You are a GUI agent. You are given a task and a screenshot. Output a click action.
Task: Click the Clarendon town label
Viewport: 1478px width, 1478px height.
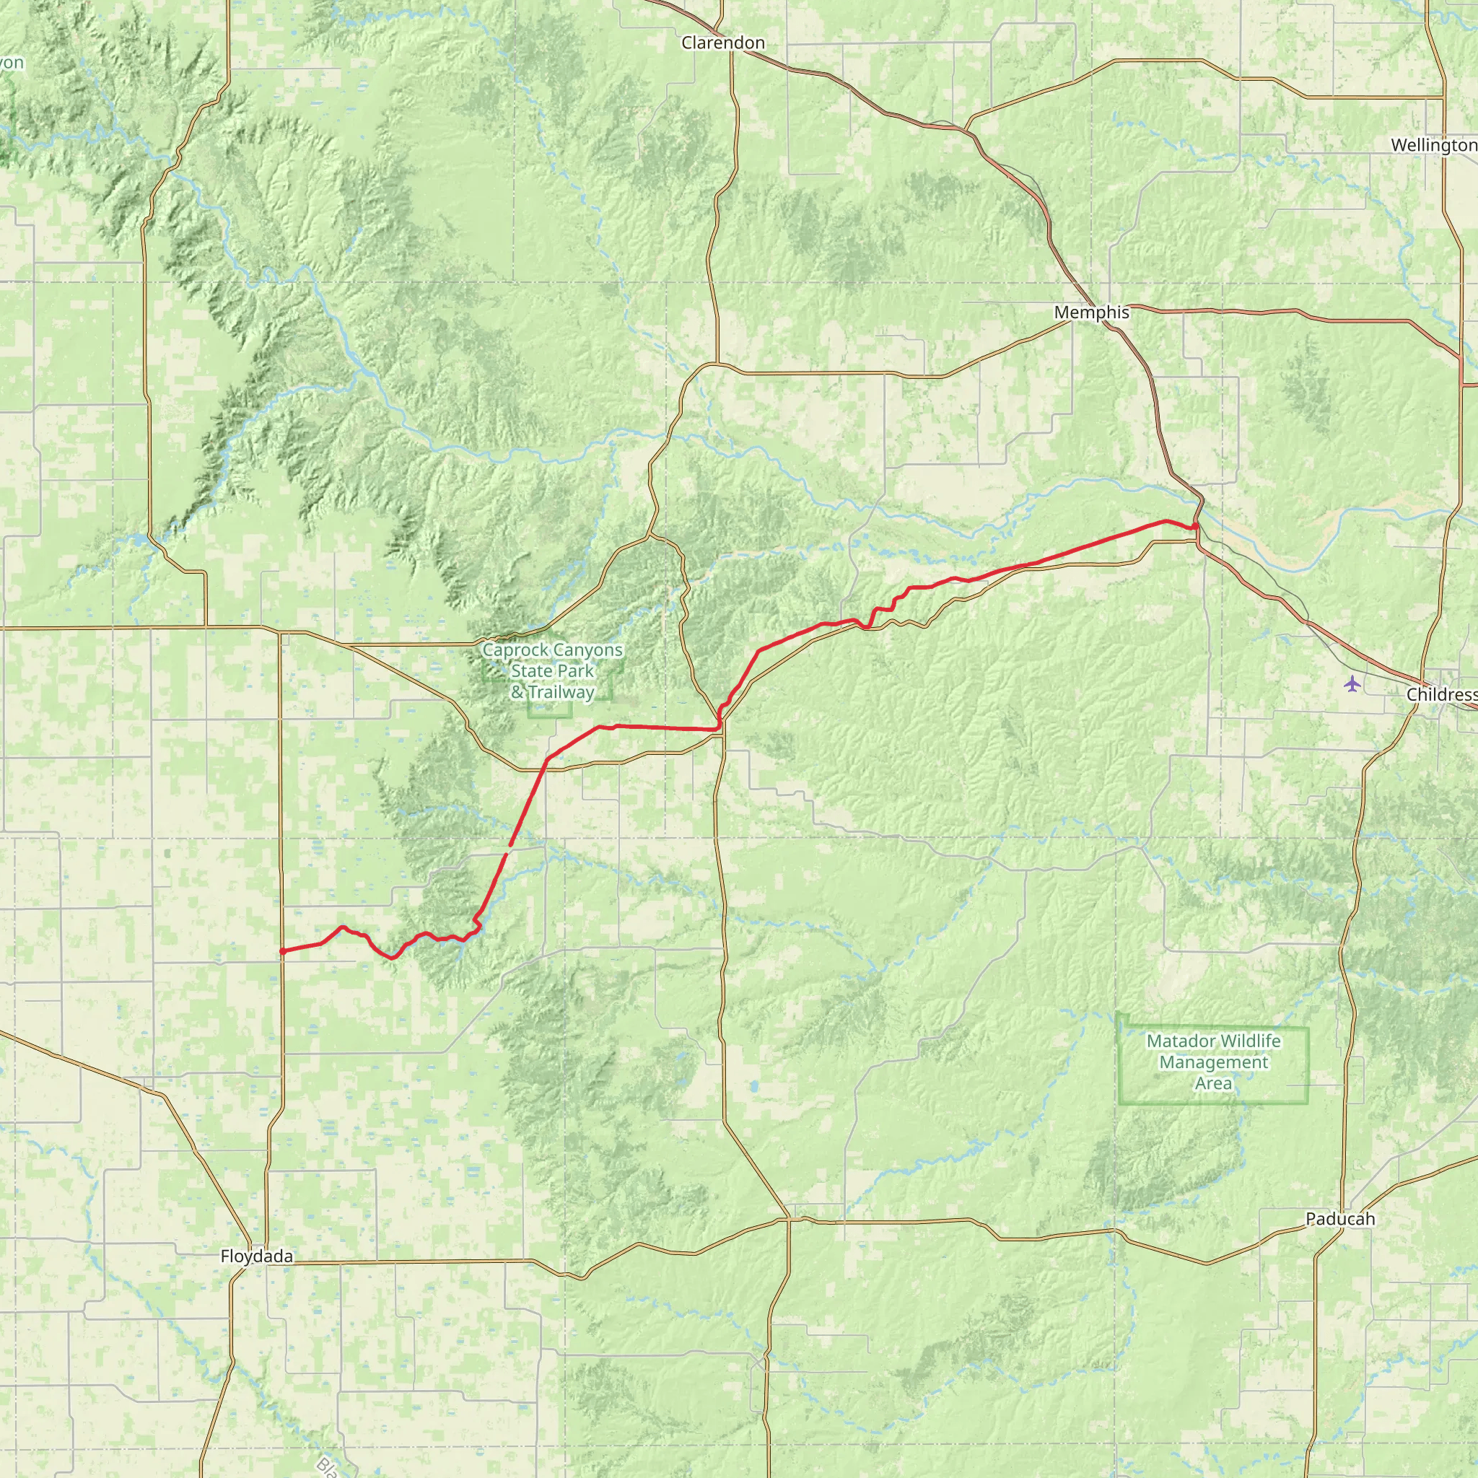tap(723, 43)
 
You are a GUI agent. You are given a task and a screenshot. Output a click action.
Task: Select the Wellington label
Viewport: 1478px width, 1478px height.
tap(1433, 145)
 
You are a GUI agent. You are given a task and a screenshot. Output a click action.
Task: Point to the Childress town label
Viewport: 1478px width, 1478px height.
tap(1440, 695)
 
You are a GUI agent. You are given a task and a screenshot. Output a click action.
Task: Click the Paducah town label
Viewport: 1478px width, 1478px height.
tap(1340, 1219)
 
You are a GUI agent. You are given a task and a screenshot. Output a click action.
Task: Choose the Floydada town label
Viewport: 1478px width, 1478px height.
tap(256, 1256)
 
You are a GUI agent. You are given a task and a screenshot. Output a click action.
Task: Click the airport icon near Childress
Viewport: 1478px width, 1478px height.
tap(1353, 683)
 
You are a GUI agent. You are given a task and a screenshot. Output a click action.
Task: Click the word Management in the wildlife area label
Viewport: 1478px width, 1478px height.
tap(1213, 1062)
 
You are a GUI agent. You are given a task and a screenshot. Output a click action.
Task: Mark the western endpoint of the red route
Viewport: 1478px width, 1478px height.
tap(282, 951)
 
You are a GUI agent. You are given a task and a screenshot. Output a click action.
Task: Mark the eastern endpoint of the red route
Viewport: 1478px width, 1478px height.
tap(1194, 526)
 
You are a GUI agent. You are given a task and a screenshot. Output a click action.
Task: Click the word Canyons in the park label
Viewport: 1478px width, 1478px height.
tap(588, 650)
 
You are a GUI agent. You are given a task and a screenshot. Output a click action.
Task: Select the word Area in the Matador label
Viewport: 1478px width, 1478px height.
tap(1213, 1083)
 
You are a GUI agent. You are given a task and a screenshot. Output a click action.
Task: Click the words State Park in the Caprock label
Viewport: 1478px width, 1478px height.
tap(551, 671)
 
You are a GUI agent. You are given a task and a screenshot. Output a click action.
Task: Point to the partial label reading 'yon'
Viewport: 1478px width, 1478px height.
tap(12, 63)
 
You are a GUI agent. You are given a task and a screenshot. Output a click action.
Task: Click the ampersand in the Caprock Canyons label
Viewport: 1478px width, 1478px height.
tap(518, 693)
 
